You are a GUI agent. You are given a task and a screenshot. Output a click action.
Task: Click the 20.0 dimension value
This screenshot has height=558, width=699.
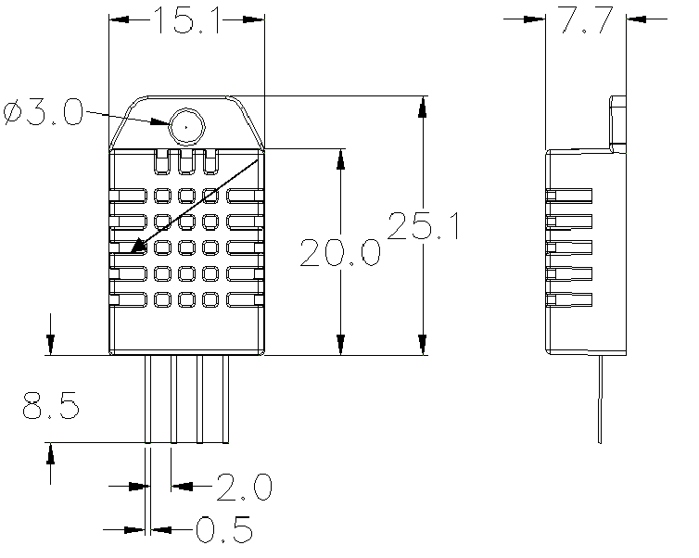point(340,252)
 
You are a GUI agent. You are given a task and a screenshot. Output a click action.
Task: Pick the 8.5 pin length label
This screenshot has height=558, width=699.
point(51,406)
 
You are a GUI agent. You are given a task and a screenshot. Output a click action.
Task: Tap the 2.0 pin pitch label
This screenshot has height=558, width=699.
point(243,485)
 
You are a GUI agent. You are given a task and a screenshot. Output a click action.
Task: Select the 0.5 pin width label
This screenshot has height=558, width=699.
point(224,530)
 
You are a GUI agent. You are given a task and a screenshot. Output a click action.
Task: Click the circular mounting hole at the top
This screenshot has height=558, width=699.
point(186,123)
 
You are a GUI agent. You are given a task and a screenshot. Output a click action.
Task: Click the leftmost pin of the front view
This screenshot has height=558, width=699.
point(148,399)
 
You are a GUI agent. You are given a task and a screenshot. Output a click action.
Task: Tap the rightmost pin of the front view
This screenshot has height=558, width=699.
point(226,399)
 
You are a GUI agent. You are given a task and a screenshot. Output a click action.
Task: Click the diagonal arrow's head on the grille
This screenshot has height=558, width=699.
point(140,247)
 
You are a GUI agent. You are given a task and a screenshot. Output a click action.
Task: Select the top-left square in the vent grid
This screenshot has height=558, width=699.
point(162,196)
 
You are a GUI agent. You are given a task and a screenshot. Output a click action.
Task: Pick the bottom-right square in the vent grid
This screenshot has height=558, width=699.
point(210,299)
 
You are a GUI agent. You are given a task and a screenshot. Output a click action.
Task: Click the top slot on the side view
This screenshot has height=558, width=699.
point(569,195)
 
